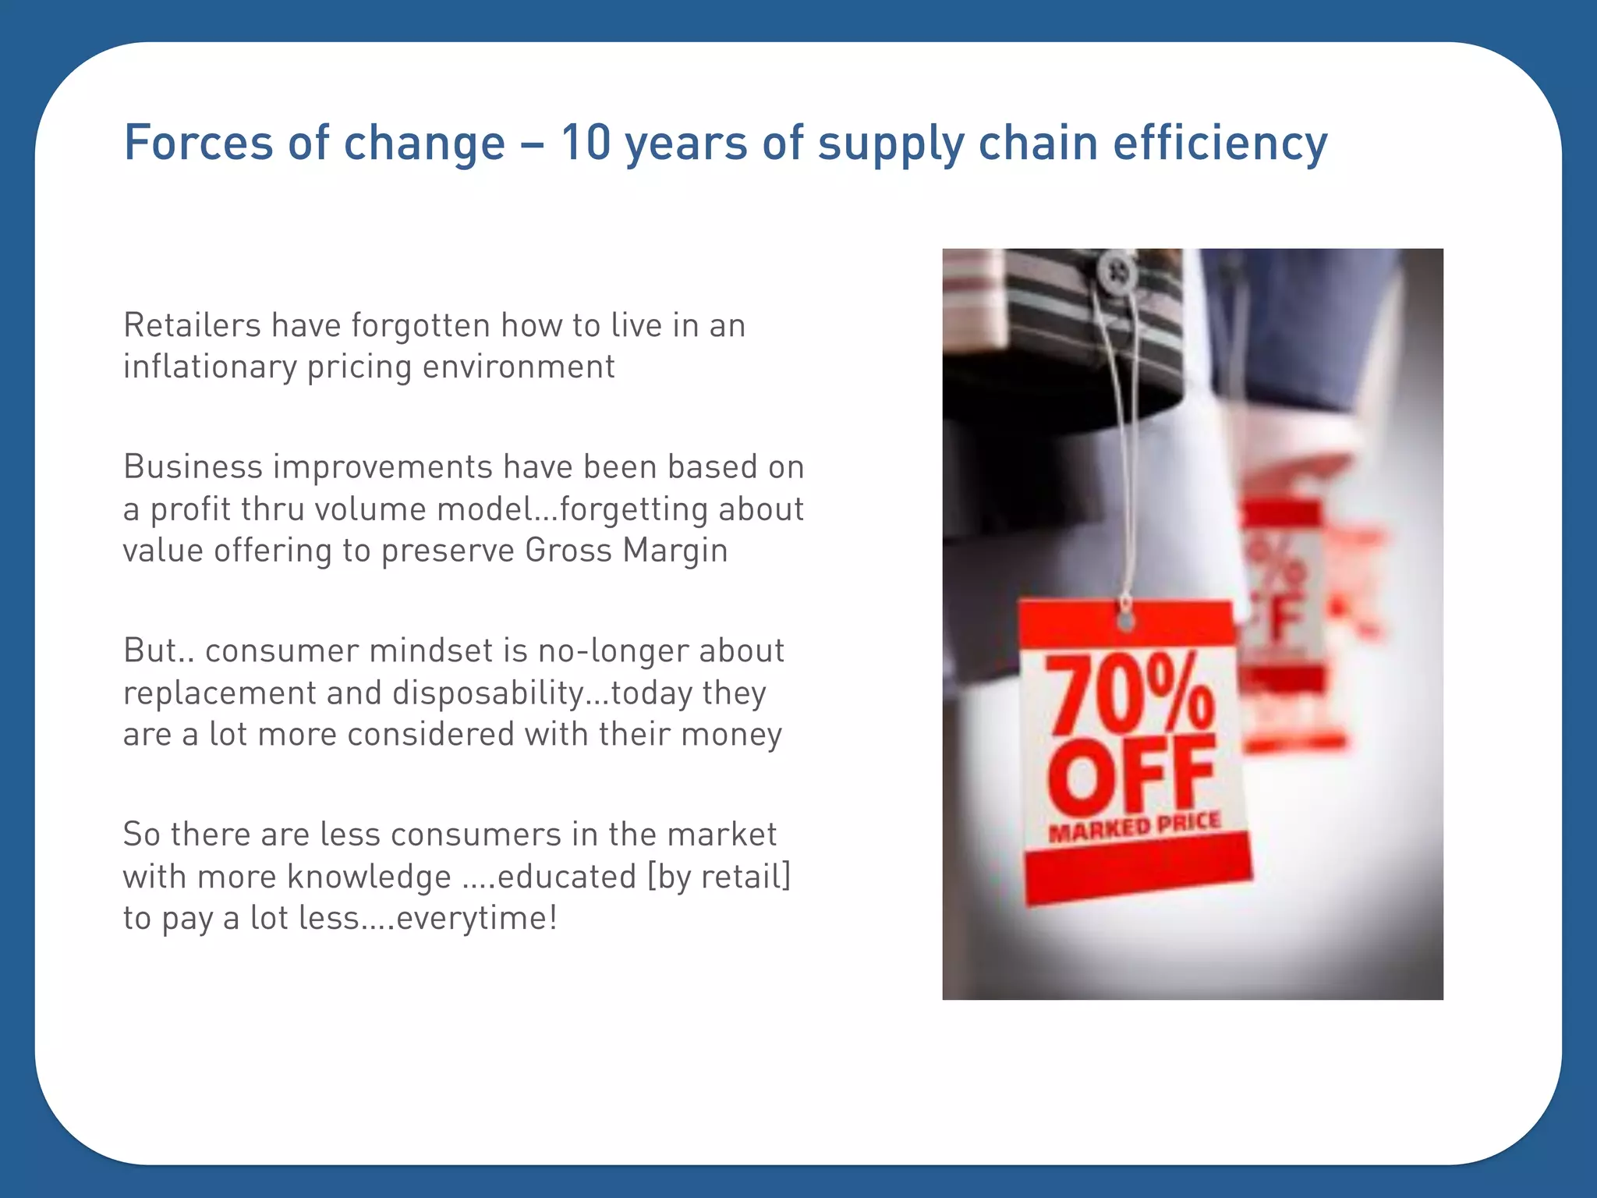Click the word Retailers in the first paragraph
(x=192, y=325)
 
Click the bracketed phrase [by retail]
(x=720, y=877)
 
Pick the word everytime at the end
(x=476, y=918)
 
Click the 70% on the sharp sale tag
(x=1131, y=694)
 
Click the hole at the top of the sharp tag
(x=1125, y=621)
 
